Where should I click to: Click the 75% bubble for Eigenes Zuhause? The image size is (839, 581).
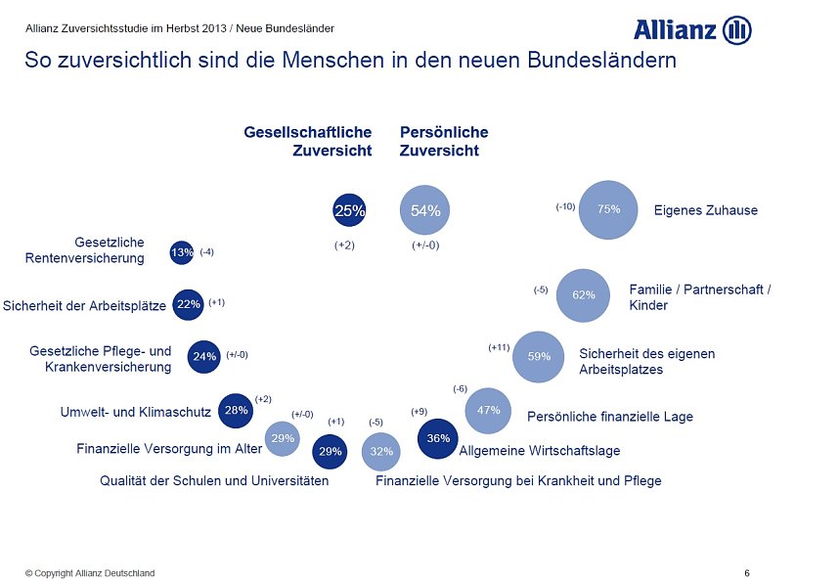click(608, 209)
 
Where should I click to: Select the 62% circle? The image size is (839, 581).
click(584, 294)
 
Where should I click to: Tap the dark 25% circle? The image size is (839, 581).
click(349, 209)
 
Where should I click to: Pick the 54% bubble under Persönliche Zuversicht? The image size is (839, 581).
click(425, 210)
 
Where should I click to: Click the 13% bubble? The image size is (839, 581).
click(182, 253)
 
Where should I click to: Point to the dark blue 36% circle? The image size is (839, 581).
click(438, 438)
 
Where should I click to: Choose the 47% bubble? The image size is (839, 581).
click(488, 411)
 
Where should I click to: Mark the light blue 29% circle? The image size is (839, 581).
click(283, 438)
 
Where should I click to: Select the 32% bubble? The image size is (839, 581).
click(381, 451)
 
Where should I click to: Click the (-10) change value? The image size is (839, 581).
click(565, 206)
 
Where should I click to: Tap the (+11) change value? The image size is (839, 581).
click(499, 347)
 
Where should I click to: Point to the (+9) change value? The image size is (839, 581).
click(419, 412)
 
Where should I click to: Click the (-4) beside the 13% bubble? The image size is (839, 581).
click(206, 252)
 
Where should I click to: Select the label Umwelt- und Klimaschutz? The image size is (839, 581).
click(135, 412)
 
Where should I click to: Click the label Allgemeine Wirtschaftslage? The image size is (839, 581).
click(540, 451)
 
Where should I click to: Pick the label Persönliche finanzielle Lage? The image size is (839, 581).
click(609, 417)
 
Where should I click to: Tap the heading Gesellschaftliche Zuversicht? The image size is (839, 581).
click(308, 141)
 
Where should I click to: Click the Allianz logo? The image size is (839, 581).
click(691, 30)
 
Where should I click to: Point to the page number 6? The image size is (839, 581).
click(747, 572)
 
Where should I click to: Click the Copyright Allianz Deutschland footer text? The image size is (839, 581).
click(90, 573)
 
